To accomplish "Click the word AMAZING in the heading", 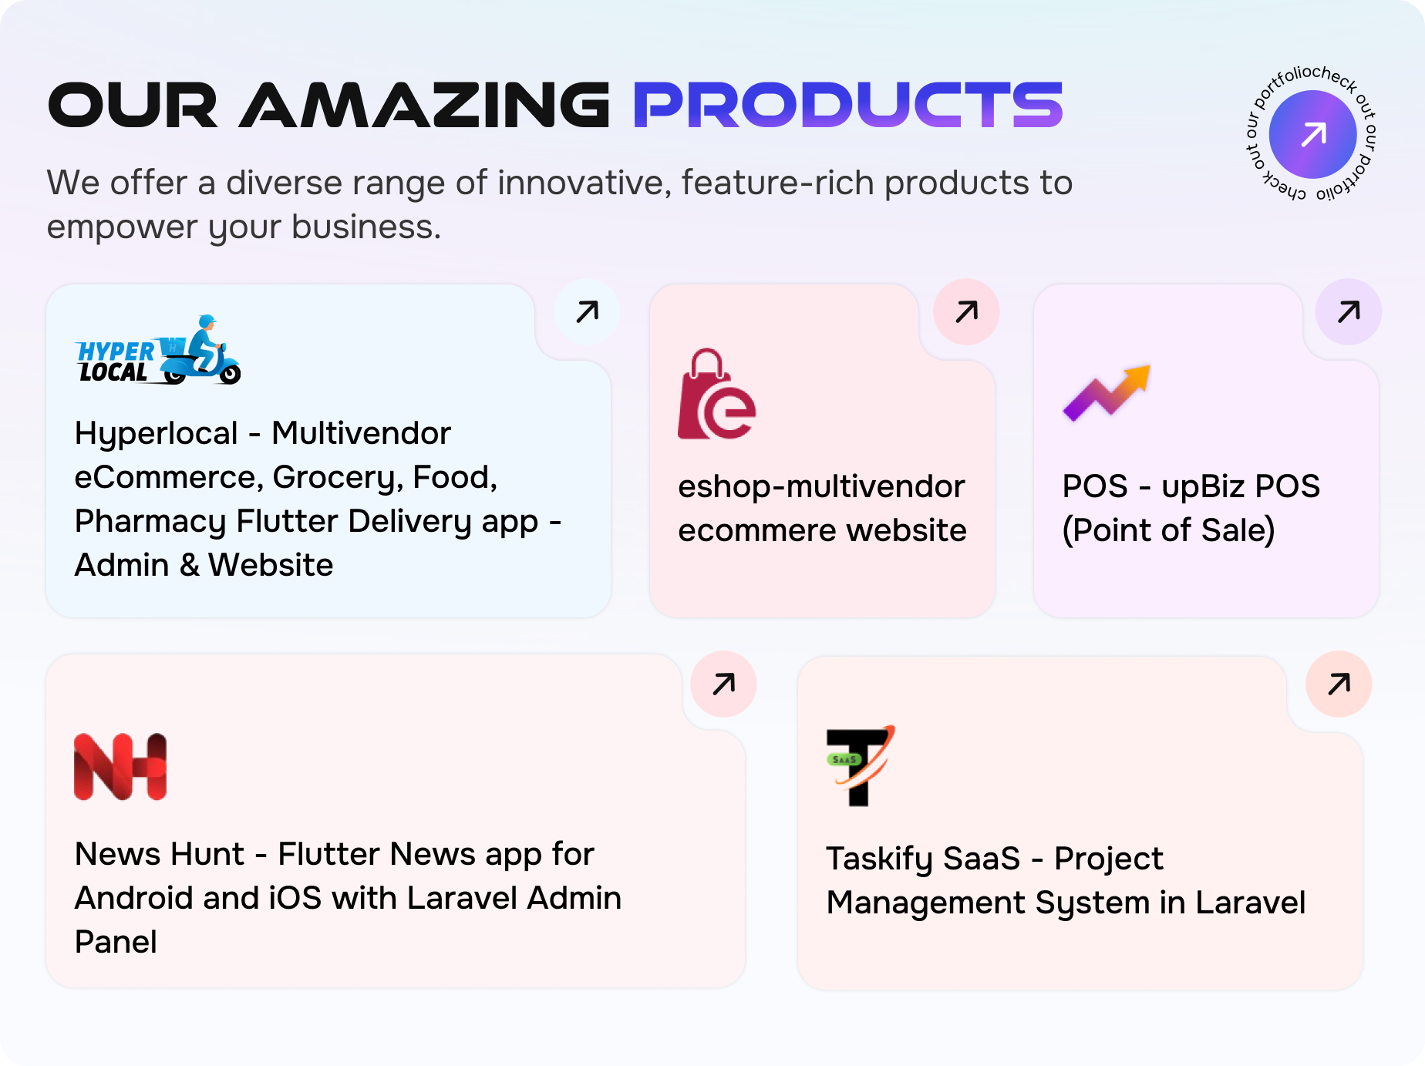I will pos(424,106).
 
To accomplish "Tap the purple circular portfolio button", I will pos(1312,134).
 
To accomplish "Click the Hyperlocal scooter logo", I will pos(158,351).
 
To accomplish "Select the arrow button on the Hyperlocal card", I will pos(587,312).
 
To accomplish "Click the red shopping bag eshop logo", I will pos(716,395).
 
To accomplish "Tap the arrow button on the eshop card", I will pos(966,312).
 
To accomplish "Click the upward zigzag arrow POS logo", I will pos(1107,392).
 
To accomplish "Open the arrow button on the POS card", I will pos(1349,312).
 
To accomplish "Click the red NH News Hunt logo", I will pos(120,766).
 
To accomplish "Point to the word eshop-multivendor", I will pos(821,487).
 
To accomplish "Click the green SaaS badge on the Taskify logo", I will pos(844,760).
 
